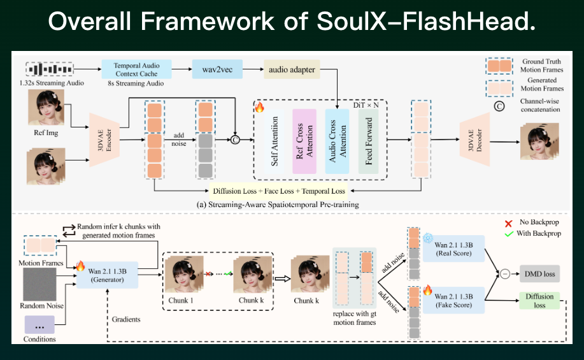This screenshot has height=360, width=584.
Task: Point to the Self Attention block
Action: tap(275, 141)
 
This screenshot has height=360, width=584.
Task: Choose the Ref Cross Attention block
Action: tap(305, 141)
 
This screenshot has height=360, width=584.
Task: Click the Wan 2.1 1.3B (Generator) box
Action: tap(106, 275)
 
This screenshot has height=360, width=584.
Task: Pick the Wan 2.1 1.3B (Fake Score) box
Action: tap(453, 300)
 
